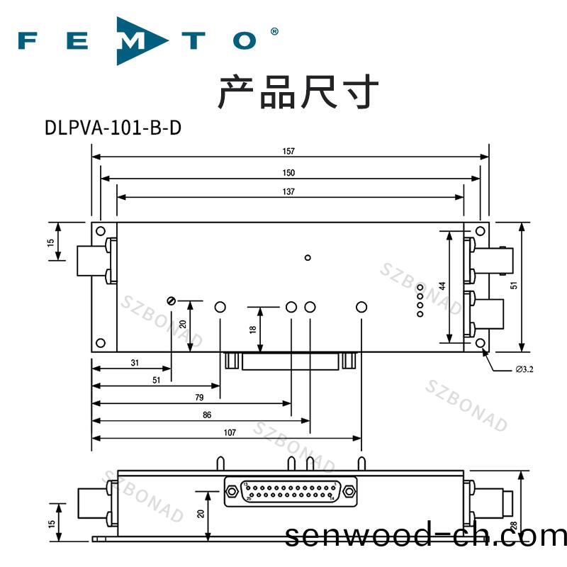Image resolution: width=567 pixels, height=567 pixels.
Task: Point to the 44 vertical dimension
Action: point(442,286)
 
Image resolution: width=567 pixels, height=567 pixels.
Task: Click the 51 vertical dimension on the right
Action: point(514,283)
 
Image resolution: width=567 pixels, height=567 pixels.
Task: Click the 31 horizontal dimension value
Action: point(135,362)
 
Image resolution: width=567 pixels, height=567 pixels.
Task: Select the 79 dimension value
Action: point(198,398)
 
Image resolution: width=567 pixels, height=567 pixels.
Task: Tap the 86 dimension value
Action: point(206,415)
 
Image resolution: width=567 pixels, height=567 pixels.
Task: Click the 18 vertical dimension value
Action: point(253,329)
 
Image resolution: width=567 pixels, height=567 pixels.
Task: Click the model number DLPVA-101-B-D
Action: point(113,128)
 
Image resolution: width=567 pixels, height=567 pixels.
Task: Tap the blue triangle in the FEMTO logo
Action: point(142,40)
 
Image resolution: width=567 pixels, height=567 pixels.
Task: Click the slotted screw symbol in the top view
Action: point(170,301)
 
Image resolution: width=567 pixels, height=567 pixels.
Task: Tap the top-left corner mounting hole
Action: point(101,232)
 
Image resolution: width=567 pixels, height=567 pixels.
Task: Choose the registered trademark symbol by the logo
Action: point(274,32)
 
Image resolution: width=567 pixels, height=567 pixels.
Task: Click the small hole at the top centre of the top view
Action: point(307,257)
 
